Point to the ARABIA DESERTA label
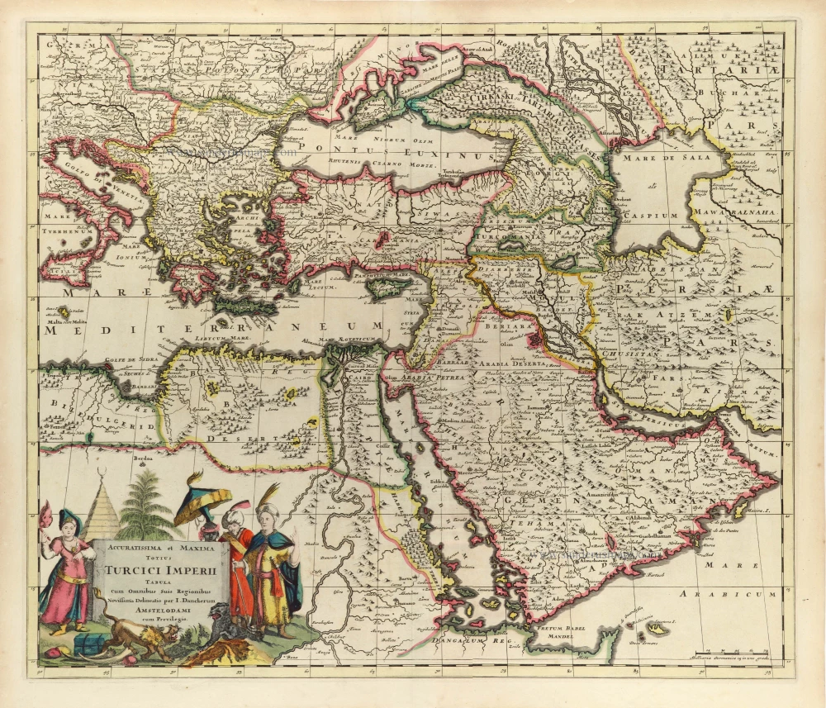[524, 363]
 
